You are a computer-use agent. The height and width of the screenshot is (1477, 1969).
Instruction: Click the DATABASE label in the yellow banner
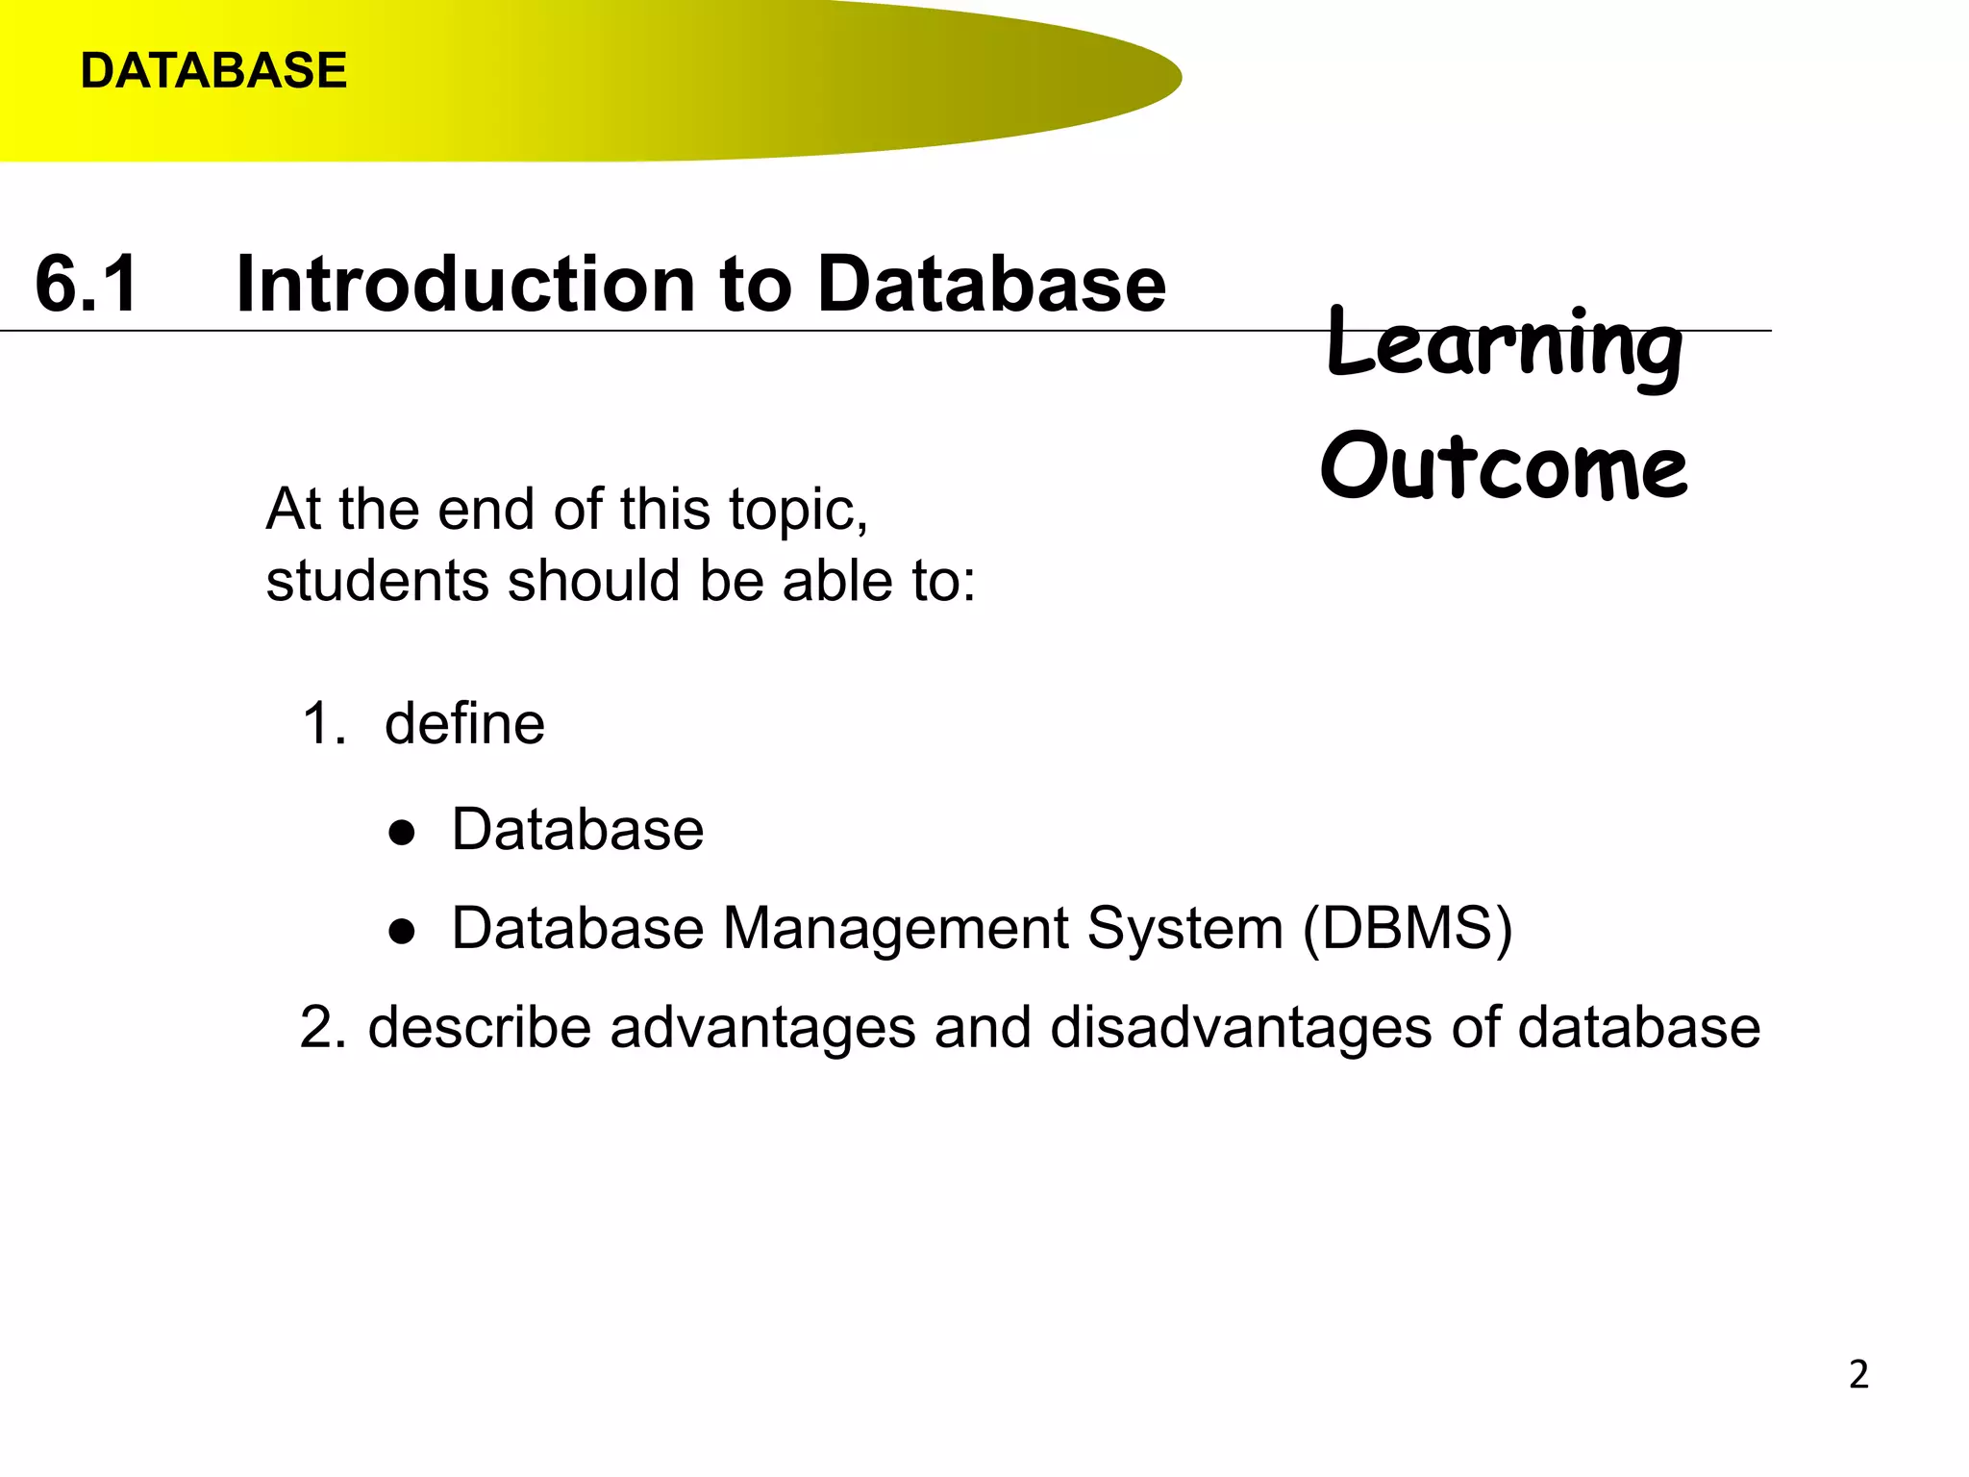[213, 71]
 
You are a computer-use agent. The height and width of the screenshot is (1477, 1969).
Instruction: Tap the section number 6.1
[87, 284]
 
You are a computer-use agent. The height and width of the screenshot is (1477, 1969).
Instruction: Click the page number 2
[1858, 1375]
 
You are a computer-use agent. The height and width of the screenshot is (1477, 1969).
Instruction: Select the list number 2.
[323, 1027]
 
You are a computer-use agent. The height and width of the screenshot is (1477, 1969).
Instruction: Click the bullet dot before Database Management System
[402, 931]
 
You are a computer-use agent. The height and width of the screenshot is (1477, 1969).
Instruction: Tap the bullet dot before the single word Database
[402, 832]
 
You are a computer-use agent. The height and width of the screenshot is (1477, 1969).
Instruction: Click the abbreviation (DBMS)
[1408, 929]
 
